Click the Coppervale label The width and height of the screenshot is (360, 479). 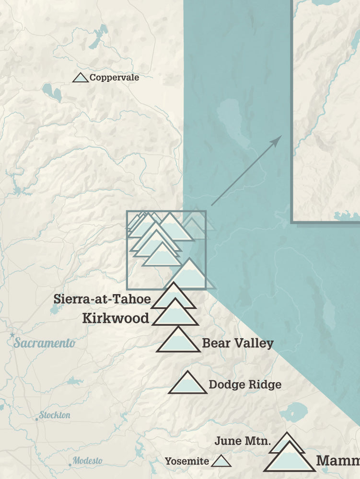click(x=114, y=77)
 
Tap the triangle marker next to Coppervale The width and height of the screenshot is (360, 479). click(x=81, y=78)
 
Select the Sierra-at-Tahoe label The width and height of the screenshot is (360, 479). click(x=102, y=299)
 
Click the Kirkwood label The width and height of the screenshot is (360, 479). click(x=116, y=318)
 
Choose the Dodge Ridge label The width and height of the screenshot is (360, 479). click(x=245, y=384)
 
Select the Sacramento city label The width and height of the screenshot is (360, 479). click(x=44, y=343)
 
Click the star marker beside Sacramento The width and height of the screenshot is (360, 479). click(x=12, y=335)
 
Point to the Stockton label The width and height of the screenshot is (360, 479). click(x=55, y=415)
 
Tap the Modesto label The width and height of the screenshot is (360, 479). click(x=88, y=461)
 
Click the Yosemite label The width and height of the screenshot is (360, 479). click(x=187, y=462)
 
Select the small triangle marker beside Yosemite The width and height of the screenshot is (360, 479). click(x=221, y=461)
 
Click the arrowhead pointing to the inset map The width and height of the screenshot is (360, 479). click(x=277, y=139)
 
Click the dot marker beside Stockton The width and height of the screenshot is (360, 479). click(x=36, y=419)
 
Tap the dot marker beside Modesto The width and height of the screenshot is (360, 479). click(x=70, y=464)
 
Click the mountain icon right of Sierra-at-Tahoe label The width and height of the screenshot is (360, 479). click(x=173, y=297)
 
